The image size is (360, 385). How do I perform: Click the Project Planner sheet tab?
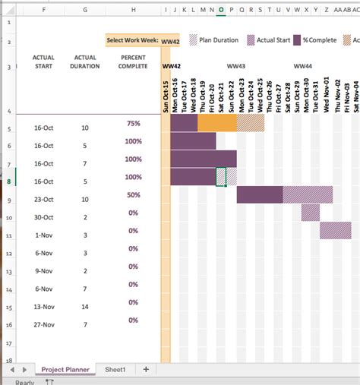(65, 370)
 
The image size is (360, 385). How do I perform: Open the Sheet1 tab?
(115, 370)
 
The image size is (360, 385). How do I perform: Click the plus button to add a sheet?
(146, 370)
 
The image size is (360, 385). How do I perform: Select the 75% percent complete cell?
(134, 123)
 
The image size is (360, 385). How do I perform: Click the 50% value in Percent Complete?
(134, 195)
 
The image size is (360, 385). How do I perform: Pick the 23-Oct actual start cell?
(43, 200)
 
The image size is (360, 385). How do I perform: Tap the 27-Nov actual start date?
(43, 324)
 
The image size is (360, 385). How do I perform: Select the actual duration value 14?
(84, 307)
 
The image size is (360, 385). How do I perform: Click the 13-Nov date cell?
(43, 307)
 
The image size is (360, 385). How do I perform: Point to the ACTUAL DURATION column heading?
(85, 62)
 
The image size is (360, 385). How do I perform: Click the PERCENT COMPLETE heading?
(134, 62)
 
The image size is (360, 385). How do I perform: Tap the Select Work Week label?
(132, 40)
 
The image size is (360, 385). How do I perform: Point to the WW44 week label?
(302, 67)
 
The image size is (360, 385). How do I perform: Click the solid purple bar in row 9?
(260, 194)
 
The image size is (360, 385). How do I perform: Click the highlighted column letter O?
(221, 10)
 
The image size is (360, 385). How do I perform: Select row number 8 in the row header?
(8, 181)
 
